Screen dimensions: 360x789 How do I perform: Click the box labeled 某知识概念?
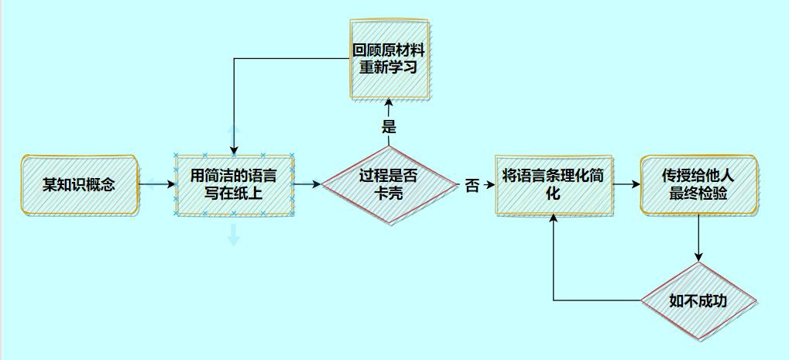[79, 185]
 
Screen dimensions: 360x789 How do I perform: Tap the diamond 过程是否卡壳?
[389, 185]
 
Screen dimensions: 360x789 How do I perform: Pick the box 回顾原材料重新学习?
[389, 59]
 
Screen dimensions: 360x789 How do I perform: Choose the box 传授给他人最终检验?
[698, 184]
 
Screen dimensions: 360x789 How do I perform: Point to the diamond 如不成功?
[698, 300]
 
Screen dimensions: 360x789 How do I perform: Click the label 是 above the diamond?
[389, 126]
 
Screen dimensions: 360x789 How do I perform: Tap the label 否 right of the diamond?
[472, 186]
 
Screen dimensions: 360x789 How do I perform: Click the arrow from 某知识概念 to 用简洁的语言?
[157, 185]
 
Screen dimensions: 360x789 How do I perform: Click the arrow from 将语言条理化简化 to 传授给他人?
[626, 184]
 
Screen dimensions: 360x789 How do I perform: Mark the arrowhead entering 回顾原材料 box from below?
[389, 103]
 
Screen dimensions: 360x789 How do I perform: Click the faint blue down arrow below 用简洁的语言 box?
[234, 235]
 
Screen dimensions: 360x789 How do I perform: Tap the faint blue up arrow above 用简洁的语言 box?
[234, 132]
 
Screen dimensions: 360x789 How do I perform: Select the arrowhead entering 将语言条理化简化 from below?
[554, 220]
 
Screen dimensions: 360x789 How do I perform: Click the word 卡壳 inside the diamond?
[389, 194]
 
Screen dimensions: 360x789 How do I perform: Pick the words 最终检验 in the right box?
[698, 194]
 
